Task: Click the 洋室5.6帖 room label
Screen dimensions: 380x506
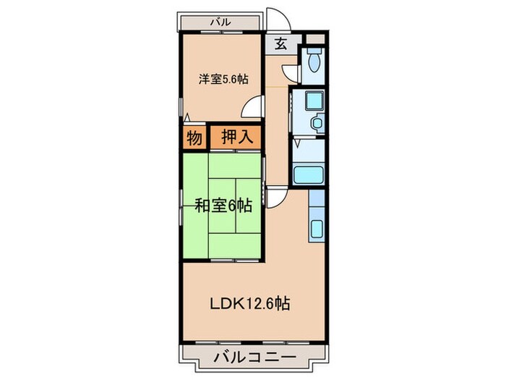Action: [220, 80]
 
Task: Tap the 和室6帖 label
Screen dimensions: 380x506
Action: [223, 206]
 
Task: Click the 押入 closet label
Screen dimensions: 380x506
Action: [235, 137]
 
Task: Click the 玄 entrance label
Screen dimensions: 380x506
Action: [280, 44]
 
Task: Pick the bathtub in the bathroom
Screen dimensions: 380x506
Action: [309, 175]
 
